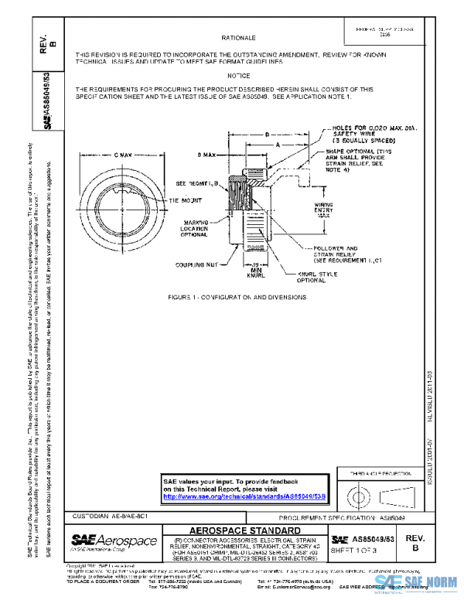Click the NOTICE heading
(x=238, y=76)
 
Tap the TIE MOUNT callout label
(x=185, y=200)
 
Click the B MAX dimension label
(x=206, y=155)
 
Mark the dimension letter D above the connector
(x=266, y=135)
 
